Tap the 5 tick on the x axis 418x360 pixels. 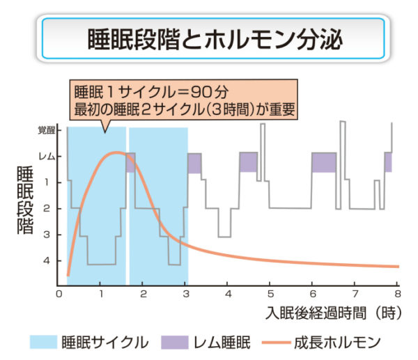pos(270,294)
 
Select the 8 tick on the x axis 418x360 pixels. pos(397,294)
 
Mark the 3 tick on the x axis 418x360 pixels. pos(185,294)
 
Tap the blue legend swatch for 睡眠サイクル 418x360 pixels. pos(45,342)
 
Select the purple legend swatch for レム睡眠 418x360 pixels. pos(174,342)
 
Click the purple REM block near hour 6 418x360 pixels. pos(324,162)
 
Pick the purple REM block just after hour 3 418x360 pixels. pos(194,163)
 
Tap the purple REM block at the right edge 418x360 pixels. pos(388,162)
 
